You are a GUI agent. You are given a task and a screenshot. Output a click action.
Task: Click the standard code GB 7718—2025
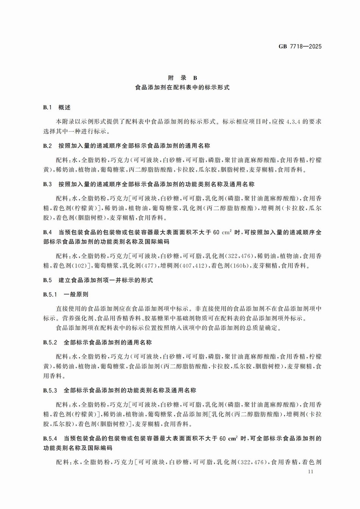tap(300, 47)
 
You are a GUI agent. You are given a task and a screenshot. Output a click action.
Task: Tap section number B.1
tap(47, 108)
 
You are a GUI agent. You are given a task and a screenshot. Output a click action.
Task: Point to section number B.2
tap(47, 146)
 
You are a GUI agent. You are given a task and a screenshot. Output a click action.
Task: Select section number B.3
tap(47, 184)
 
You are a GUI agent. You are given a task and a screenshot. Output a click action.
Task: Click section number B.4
tap(47, 232)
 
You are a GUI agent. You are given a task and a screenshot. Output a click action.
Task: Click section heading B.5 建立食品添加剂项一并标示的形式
tap(98, 280)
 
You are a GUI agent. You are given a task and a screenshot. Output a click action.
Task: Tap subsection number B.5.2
tap(50, 343)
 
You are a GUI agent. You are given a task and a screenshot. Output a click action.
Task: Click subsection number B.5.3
tap(50, 390)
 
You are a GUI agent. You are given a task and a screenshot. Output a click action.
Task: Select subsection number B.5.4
tap(50, 439)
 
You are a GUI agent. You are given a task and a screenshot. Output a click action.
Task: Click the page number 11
tap(311, 472)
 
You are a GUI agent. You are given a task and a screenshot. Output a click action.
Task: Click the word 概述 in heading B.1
tap(64, 108)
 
